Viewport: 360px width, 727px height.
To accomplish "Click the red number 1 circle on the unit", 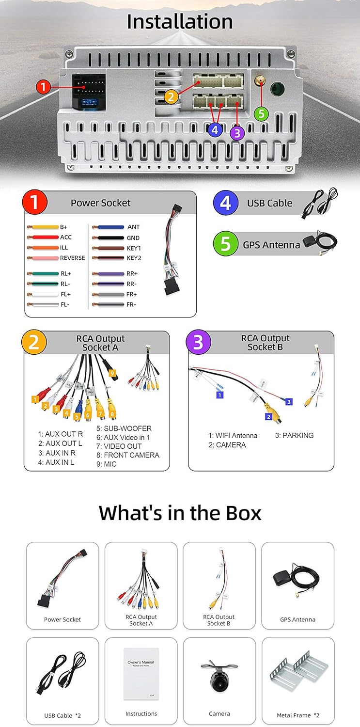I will (x=43, y=87).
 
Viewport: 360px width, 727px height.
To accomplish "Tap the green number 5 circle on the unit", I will (x=261, y=113).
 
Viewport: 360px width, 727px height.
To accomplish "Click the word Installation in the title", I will (x=180, y=22).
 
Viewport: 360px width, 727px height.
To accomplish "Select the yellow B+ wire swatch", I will (x=42, y=227).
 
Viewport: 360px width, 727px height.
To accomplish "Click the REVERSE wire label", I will (x=72, y=258).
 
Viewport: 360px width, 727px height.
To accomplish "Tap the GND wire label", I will (x=133, y=237).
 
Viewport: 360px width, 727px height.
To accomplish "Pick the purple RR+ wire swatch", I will (x=108, y=274).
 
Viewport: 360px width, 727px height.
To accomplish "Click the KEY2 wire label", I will (x=134, y=258).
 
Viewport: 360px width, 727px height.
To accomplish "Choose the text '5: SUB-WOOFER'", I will (x=124, y=428).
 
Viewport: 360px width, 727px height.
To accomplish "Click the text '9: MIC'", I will (x=107, y=464).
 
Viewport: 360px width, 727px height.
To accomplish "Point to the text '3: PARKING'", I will (x=294, y=435).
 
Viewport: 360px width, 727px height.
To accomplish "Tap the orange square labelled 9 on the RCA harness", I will (x=112, y=373).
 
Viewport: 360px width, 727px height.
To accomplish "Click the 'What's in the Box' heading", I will (x=180, y=513).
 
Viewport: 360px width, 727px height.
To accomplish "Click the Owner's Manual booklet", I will (x=141, y=674).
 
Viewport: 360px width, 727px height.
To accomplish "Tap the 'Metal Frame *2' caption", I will (x=297, y=715).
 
